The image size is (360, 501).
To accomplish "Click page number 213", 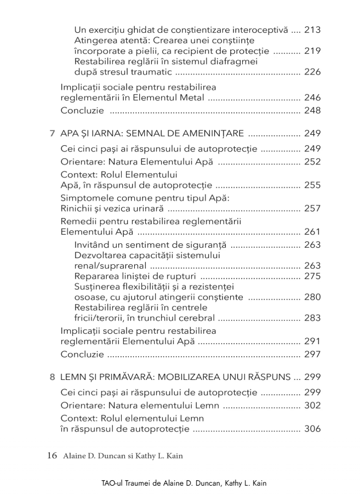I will (312, 30).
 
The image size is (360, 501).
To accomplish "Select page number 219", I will (312, 51).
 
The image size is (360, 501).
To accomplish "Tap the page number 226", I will (312, 72).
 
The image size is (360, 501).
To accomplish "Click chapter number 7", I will (52, 133).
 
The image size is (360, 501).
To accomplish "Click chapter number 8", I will (52, 377).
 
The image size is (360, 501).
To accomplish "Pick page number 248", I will (312, 111).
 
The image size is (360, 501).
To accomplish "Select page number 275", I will (312, 276).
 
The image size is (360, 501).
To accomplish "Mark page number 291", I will (312, 341).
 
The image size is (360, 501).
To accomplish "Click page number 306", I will (312, 429).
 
